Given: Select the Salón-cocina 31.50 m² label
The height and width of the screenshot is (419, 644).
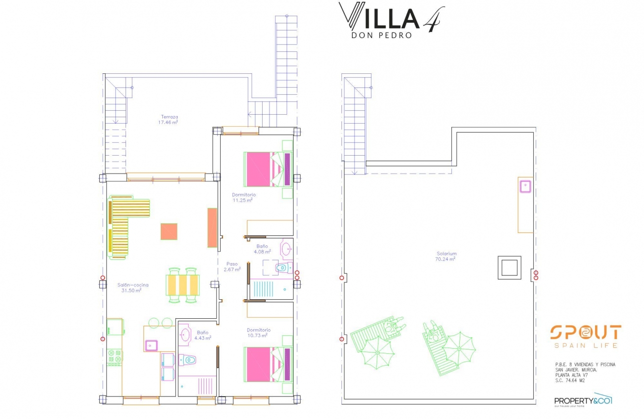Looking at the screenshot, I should pos(132,287).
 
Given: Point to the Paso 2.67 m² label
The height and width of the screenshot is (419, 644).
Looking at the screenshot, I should pos(233,266).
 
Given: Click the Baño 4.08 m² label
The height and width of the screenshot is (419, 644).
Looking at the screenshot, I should pos(263,249).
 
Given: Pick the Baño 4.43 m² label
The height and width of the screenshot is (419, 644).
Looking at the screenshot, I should pos(203,335).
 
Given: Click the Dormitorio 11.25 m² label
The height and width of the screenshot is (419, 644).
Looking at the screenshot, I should pos(244,198).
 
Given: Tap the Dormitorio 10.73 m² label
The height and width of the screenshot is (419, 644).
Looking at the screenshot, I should pos(259,333).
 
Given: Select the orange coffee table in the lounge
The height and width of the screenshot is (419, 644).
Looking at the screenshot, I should pos(169,231).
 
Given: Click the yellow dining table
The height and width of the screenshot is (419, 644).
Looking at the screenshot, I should pos(183,285).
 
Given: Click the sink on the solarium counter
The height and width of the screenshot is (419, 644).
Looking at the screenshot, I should pos(525,187).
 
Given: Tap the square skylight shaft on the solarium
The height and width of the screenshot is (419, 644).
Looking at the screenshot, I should pos(509,268).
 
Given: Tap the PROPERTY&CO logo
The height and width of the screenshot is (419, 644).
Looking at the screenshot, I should pos(583,400).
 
